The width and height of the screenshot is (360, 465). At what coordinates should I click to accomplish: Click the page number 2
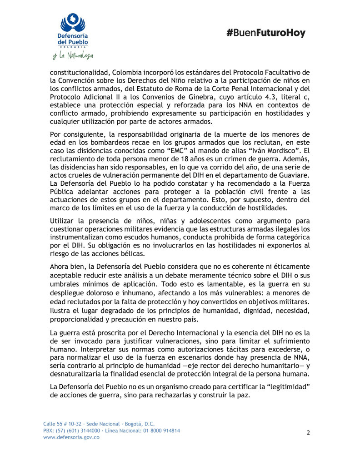308,432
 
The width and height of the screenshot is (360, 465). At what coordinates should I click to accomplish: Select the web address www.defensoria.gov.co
71,437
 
